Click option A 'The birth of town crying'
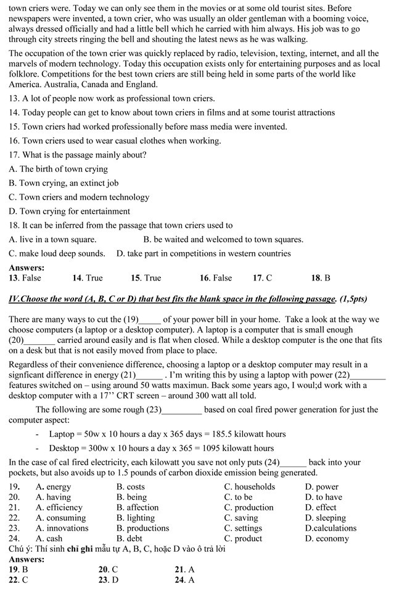[58, 169]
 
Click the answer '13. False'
[25, 278]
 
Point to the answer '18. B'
[321, 278]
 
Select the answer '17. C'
[262, 278]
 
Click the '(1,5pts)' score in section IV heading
[353, 299]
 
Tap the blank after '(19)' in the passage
[149, 320]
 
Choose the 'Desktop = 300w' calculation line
[161, 448]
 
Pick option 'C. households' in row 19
[249, 487]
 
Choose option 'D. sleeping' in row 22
[325, 518]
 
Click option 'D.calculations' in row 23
[331, 528]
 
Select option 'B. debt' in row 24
[129, 538]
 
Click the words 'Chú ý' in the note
[18, 549]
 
